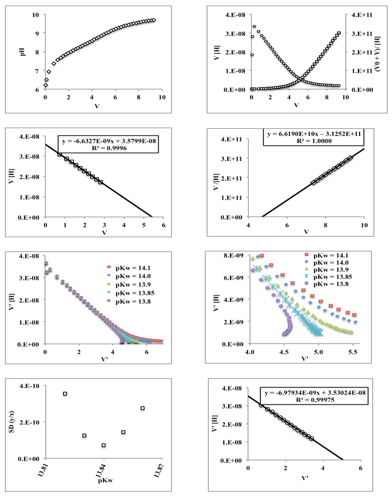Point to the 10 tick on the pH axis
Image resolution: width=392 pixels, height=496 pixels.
coord(37,15)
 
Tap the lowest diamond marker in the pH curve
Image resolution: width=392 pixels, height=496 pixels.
coord(45,85)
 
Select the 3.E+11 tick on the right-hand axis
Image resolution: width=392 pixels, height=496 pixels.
coord(357,33)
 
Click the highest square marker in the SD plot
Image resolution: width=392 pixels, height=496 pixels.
coord(65,394)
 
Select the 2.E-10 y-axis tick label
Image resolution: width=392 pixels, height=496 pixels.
coord(31,422)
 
